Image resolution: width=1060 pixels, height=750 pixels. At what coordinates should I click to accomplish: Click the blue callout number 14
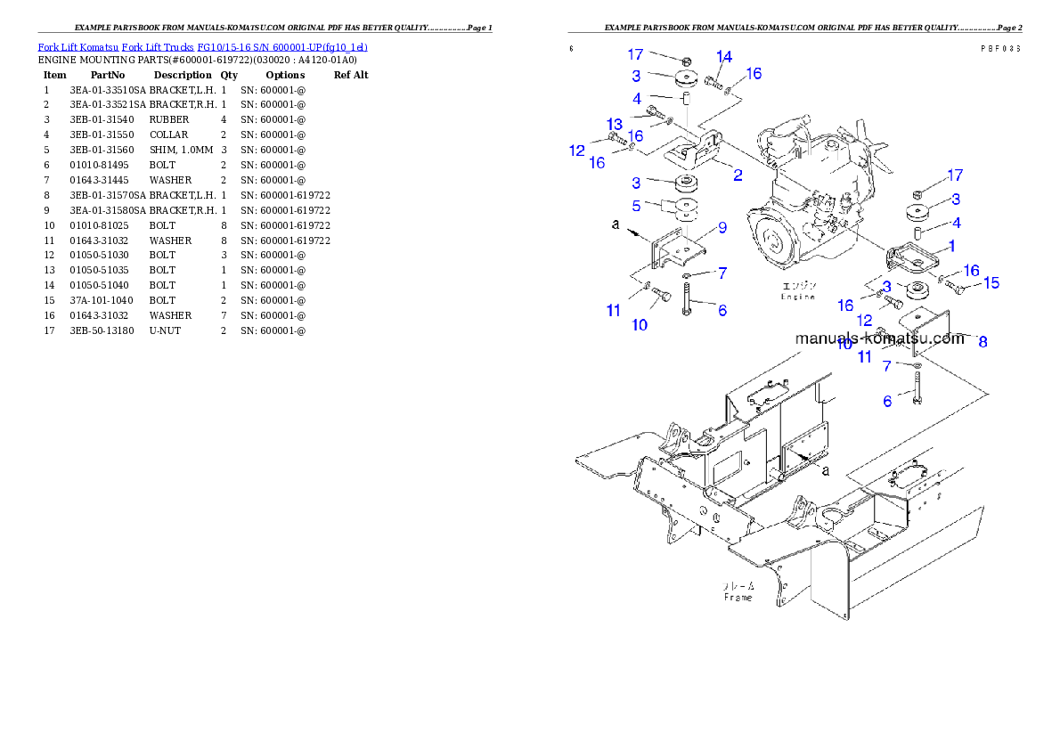click(724, 57)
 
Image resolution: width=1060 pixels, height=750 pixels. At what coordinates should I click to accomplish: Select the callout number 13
click(615, 123)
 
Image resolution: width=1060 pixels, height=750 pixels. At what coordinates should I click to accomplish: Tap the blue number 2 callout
click(738, 175)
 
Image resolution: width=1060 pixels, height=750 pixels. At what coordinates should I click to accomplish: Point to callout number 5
click(637, 206)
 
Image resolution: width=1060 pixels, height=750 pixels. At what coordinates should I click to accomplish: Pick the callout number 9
click(722, 227)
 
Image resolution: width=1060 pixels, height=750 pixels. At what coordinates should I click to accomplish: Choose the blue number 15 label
click(991, 283)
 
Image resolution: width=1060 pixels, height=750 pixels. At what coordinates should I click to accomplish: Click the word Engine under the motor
click(798, 297)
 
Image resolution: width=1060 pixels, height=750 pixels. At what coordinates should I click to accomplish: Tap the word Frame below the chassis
click(738, 597)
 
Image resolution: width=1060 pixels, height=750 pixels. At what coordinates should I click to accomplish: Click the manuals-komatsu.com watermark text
click(878, 338)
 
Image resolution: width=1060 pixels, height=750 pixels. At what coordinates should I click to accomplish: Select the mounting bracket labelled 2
click(699, 152)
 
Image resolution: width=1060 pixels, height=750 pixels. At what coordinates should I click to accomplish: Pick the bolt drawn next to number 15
click(958, 287)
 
